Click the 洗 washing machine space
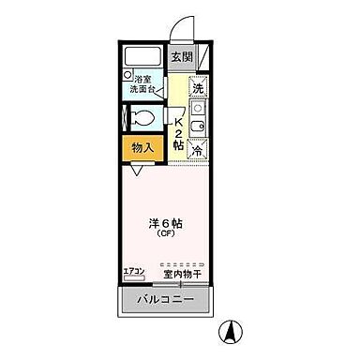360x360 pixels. [198, 87]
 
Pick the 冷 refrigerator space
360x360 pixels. [198, 150]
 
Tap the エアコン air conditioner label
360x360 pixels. [134, 272]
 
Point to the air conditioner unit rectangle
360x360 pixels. [134, 278]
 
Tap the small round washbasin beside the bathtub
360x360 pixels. [127, 74]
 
